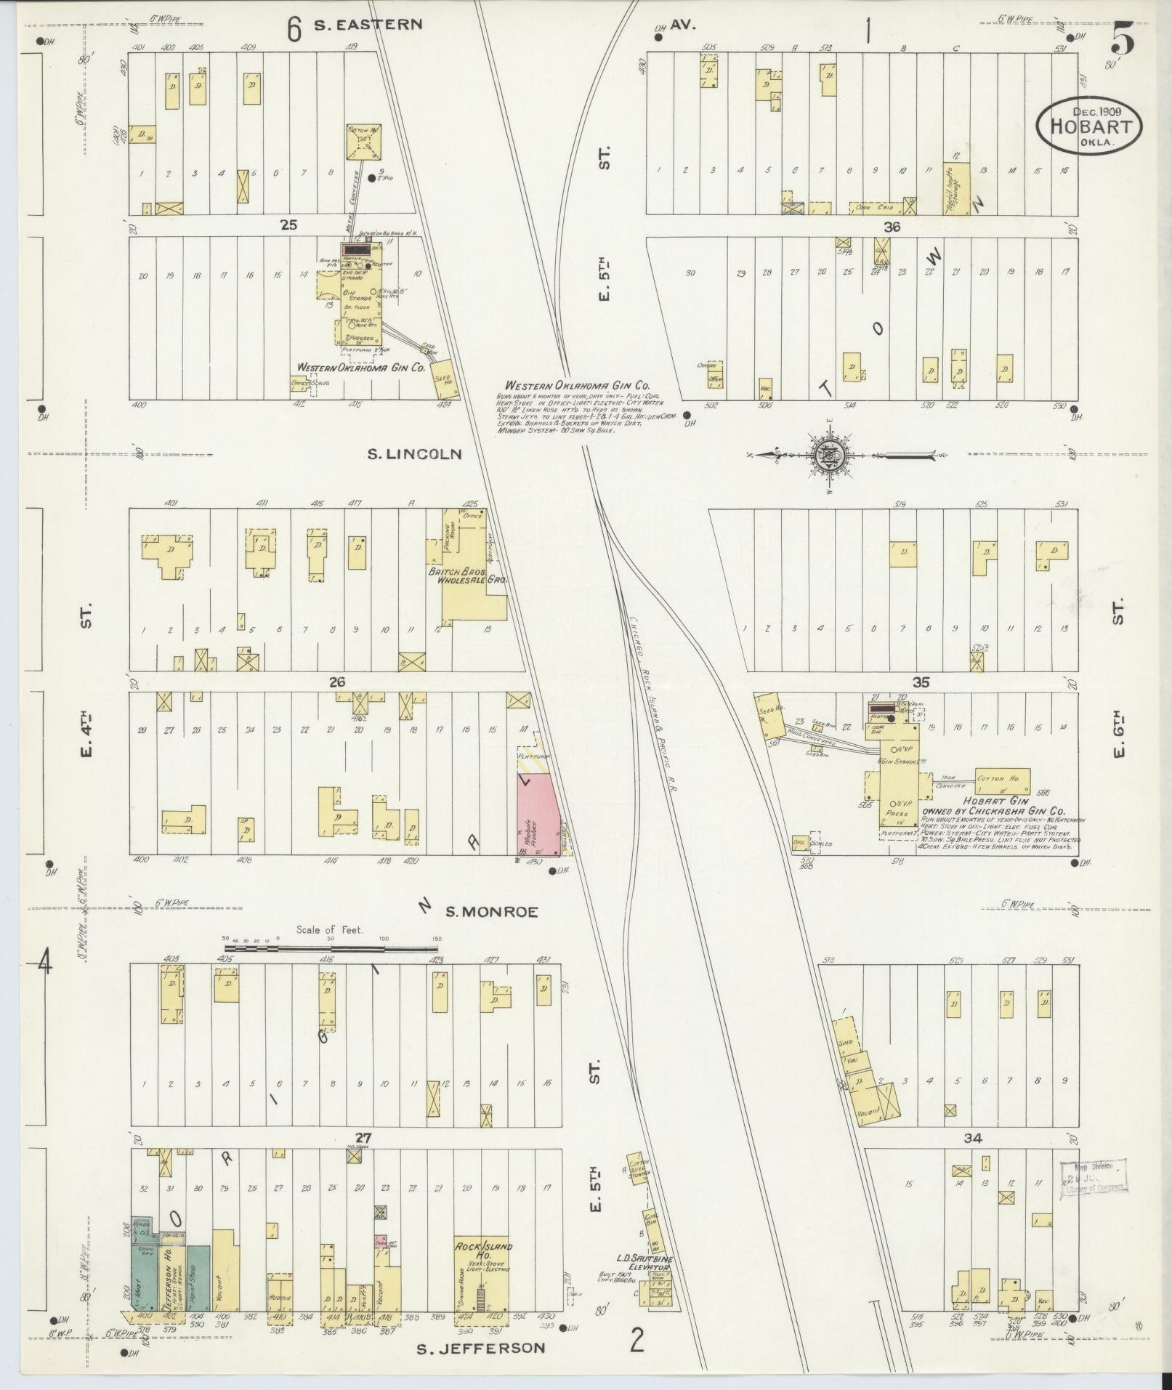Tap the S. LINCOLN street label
click(414, 454)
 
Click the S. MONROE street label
click(491, 912)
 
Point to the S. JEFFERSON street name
click(481, 1348)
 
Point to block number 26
click(336, 682)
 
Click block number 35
click(921, 682)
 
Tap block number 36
click(892, 227)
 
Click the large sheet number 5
click(1123, 44)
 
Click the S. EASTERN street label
click(368, 24)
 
